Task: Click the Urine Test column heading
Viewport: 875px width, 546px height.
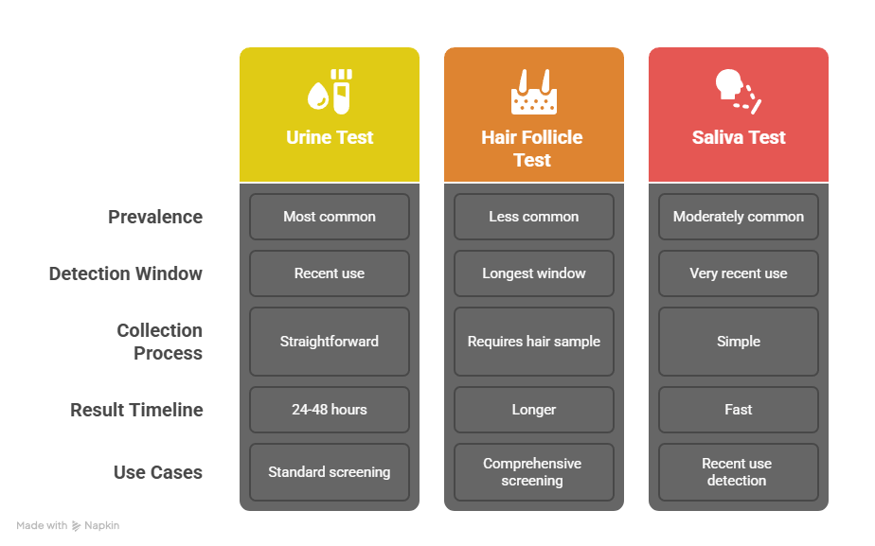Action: [330, 137]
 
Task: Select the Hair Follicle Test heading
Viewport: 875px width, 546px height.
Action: [532, 149]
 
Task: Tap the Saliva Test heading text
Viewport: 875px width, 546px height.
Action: [739, 137]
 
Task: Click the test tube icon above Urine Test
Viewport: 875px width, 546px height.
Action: [330, 92]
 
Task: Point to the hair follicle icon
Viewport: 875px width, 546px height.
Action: [534, 92]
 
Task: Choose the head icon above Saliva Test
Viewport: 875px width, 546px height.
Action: [739, 92]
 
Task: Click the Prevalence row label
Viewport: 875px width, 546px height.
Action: [155, 217]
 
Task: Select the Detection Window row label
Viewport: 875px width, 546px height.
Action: [126, 273]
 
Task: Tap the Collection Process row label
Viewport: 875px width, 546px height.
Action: [160, 342]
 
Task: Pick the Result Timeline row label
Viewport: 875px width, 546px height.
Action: [136, 410]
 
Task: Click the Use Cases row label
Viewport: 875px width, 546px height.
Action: [158, 472]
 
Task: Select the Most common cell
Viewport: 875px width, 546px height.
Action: [330, 217]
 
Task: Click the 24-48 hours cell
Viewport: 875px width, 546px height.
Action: [330, 410]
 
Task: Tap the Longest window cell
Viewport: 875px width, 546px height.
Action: [534, 273]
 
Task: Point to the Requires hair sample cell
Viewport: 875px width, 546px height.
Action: [534, 342]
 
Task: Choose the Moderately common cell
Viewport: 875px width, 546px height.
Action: [739, 217]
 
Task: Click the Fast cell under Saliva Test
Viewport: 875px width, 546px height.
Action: [739, 410]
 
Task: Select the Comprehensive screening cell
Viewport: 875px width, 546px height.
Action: [534, 472]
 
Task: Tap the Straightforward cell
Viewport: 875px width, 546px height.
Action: [330, 342]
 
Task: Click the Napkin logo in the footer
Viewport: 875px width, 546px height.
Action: [77, 526]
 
